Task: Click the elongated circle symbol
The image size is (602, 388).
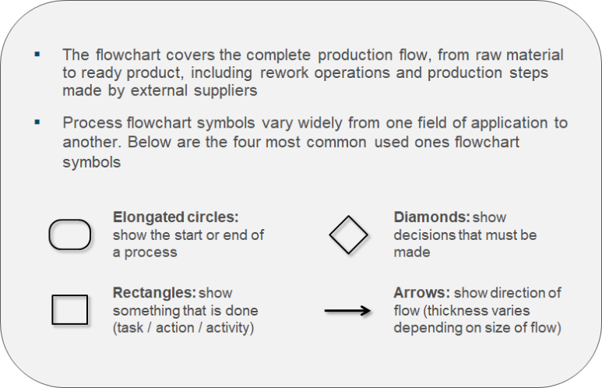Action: click(x=70, y=235)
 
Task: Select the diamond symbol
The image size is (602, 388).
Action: click(x=348, y=235)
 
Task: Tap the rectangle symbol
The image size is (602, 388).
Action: click(x=69, y=309)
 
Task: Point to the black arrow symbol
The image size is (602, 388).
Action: click(x=347, y=310)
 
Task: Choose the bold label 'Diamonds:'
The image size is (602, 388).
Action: click(x=429, y=217)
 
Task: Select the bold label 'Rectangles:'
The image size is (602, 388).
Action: click(x=154, y=293)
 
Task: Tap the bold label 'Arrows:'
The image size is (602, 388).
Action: click(x=421, y=293)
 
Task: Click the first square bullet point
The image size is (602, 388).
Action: click(x=37, y=55)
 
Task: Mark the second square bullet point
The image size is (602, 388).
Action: click(x=37, y=122)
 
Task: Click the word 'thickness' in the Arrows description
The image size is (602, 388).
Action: click(x=451, y=309)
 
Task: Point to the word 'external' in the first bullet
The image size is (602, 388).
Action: click(x=174, y=90)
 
